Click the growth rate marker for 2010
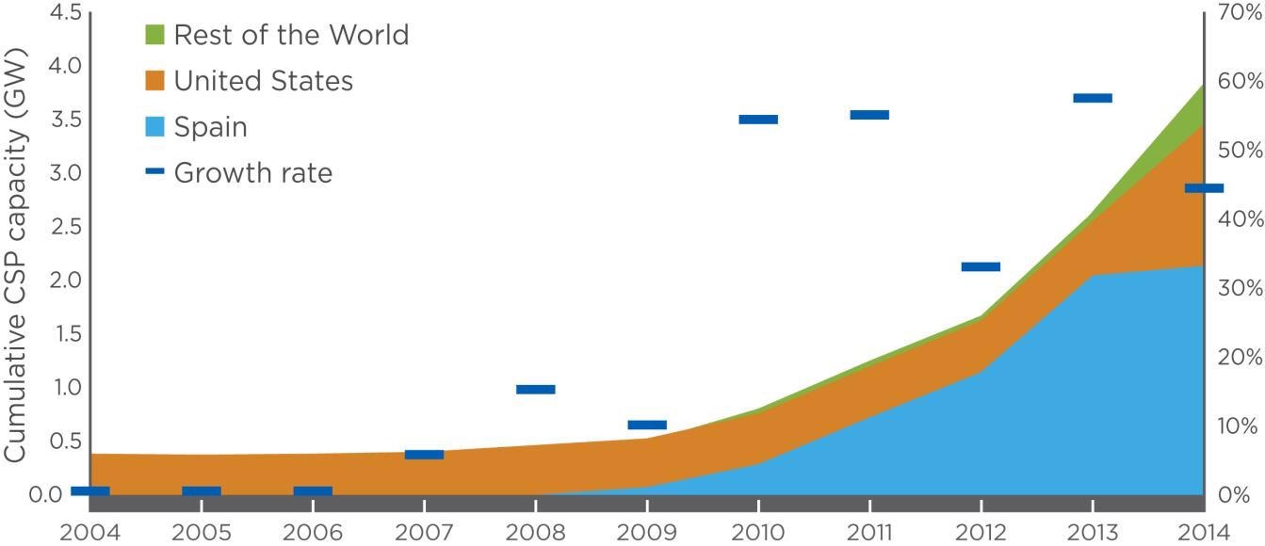point(758,120)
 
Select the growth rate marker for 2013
point(1093,98)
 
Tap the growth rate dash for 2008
point(536,389)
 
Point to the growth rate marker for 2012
point(981,266)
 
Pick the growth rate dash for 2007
point(424,455)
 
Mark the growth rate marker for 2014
point(1204,188)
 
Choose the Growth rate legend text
point(252,173)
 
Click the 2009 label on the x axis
point(647,532)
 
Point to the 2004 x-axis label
point(89,532)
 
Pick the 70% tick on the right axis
point(1239,13)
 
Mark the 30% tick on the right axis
point(1239,288)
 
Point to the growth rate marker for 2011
point(869,115)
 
